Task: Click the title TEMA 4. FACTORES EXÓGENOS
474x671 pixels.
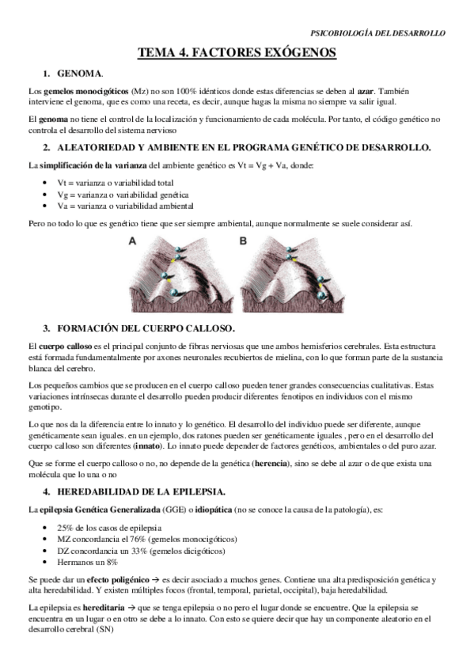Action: point(237,53)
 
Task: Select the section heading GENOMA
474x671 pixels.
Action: point(79,74)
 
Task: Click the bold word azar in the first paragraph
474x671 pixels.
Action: point(365,91)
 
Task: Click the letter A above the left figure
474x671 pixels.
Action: point(132,241)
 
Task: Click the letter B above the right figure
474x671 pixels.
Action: point(243,241)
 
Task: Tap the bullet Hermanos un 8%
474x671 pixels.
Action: point(89,561)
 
